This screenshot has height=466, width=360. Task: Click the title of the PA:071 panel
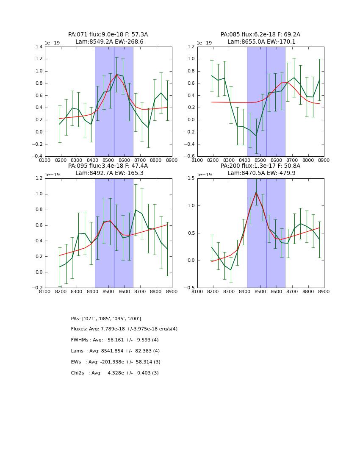[x=108, y=38]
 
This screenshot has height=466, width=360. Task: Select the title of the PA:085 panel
[x=260, y=38]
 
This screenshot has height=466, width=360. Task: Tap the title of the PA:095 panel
[x=108, y=169]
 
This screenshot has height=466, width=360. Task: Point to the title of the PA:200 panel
[x=260, y=169]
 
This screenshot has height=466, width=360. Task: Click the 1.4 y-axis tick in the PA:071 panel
[x=38, y=47]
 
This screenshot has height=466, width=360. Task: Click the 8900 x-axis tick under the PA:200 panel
[x=324, y=291]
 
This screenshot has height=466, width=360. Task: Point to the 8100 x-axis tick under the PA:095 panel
[x=45, y=291]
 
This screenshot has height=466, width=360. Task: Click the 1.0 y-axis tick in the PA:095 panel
[x=38, y=194]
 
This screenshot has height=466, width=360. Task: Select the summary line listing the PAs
[x=106, y=319]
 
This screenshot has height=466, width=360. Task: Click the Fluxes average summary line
[x=124, y=329]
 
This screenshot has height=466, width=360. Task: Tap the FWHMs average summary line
[x=115, y=340]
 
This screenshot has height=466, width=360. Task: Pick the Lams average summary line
[x=115, y=351]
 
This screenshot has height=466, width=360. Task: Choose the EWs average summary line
[x=116, y=362]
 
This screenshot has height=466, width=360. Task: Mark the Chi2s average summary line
[x=115, y=373]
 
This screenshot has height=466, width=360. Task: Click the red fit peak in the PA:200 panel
[x=256, y=193]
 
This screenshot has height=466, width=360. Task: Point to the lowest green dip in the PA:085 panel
[x=256, y=136]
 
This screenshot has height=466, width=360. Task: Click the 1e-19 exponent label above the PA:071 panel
[x=53, y=43]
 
